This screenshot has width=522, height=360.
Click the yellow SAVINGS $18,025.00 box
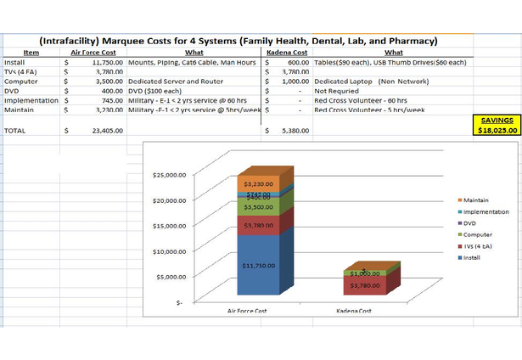coord(497,126)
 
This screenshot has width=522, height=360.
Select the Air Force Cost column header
coord(93,53)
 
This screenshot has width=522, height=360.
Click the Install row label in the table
coord(14,62)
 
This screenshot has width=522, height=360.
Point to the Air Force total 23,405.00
coord(107,131)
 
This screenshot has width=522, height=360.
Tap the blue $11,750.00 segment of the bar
coord(257,266)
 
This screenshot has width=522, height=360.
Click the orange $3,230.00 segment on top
coord(257,183)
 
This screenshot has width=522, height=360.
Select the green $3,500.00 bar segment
coord(257,207)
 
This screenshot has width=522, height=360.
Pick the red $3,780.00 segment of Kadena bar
coord(365,286)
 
